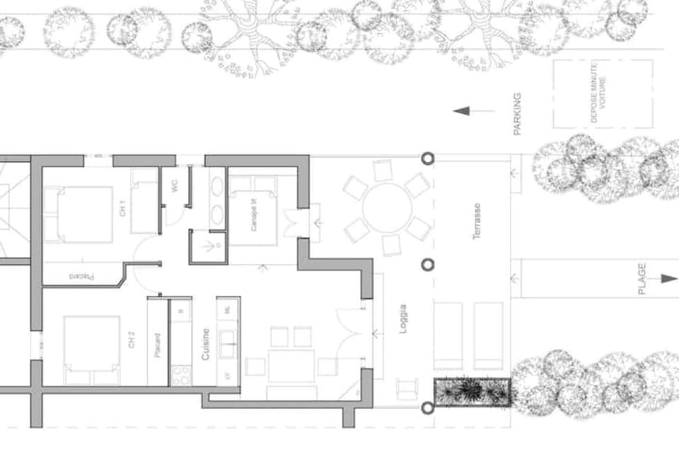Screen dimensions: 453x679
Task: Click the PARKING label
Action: click(x=517, y=114)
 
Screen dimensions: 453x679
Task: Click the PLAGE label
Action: click(x=642, y=279)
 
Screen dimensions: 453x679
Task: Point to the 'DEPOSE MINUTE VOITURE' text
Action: click(x=598, y=93)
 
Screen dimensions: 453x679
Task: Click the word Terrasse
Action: click(x=477, y=221)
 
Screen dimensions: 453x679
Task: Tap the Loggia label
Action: click(x=402, y=319)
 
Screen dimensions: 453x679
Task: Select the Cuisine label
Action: click(x=206, y=345)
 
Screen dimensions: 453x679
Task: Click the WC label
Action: click(x=174, y=185)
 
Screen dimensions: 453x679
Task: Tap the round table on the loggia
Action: click(x=386, y=206)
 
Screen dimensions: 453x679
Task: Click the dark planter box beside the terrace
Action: click(x=472, y=391)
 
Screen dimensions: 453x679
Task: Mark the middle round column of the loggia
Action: click(x=428, y=265)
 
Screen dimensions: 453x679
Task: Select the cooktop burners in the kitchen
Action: click(x=180, y=373)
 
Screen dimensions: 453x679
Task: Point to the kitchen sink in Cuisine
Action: click(x=228, y=345)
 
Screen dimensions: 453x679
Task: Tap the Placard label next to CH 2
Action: click(x=158, y=345)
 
